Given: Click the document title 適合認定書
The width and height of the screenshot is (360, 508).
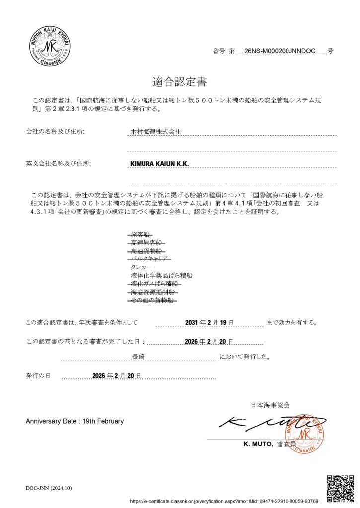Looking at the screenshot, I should click(x=180, y=81).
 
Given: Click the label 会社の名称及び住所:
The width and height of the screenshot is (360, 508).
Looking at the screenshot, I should click(x=55, y=132).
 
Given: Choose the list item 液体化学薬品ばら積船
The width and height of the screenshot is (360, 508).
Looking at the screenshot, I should click(x=161, y=275).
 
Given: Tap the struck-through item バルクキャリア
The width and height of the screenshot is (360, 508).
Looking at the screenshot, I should click(x=150, y=258).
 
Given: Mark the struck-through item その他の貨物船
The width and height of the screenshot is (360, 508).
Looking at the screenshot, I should click(x=151, y=300).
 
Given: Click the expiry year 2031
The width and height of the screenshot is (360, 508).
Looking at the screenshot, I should click(x=192, y=323).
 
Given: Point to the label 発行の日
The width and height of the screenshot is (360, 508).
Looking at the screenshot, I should click(x=38, y=376).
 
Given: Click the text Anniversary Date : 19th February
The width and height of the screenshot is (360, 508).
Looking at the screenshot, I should click(x=74, y=421).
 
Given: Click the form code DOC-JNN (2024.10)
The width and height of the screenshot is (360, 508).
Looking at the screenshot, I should click(x=49, y=488).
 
